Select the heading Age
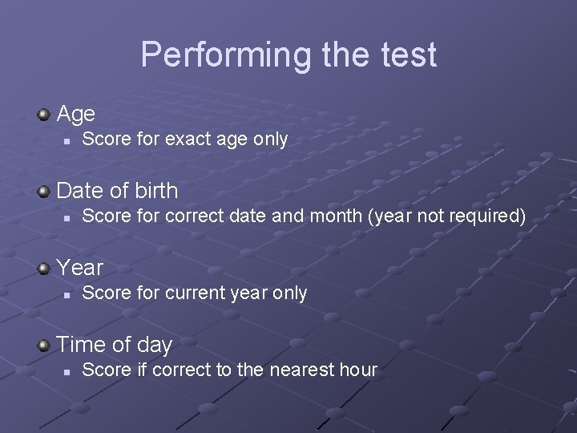click(x=76, y=115)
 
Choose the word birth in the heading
click(x=151, y=192)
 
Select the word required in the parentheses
click(x=482, y=216)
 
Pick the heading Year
click(x=80, y=268)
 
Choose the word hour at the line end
click(x=358, y=370)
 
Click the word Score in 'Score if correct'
click(x=104, y=370)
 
